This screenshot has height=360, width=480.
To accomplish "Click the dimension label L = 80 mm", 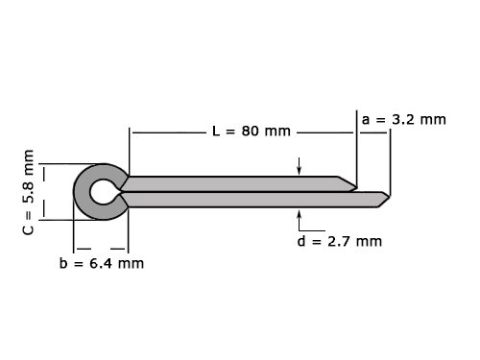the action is pos(252,131).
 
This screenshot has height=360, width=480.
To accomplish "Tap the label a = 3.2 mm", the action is pos(404,119).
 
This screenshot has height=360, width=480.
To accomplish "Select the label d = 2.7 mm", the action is pos(340,241).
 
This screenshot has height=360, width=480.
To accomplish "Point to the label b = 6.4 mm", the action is pos(102,263).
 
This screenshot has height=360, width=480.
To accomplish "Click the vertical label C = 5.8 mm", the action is pos(29,192).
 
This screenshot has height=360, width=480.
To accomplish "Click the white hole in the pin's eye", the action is pos(102,192).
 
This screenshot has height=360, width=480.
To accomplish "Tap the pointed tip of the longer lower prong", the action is pos(390,197).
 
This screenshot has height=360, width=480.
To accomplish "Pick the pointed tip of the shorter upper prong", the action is pos(356,186).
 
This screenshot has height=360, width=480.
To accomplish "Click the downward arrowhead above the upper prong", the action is pos(300,172).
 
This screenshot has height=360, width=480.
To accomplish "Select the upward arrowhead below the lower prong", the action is pos(300,212).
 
